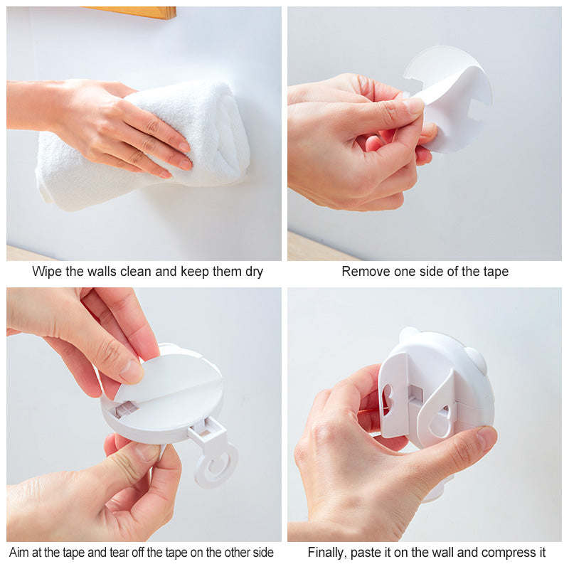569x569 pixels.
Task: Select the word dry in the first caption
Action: (x=254, y=272)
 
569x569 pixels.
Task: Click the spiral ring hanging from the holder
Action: (x=216, y=465)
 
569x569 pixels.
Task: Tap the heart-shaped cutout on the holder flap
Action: (x=386, y=400)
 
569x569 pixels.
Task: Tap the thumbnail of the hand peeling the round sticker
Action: (x=414, y=105)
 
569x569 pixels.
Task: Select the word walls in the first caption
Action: (x=103, y=272)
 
